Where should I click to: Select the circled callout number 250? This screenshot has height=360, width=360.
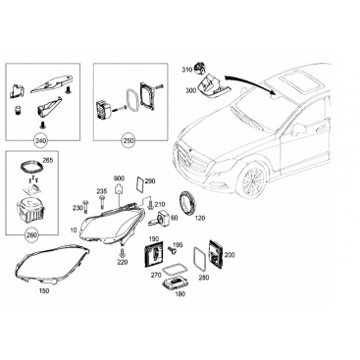[x=128, y=141]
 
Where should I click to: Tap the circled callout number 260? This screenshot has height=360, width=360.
[x=31, y=235]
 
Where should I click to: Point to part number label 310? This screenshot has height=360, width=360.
[x=186, y=70]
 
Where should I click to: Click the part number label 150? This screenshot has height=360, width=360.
[x=43, y=290]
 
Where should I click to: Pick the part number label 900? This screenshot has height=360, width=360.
[x=118, y=179]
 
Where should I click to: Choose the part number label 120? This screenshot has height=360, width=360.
[x=200, y=218]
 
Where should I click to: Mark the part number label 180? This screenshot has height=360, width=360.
[x=180, y=294]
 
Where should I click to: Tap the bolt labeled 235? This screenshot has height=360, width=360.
[x=102, y=204]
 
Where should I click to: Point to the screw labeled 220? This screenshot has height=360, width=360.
[x=123, y=253]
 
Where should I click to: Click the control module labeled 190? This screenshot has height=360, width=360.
[x=154, y=253]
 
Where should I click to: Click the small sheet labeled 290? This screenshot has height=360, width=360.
[x=139, y=184]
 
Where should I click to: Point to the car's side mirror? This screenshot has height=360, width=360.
[x=298, y=129]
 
